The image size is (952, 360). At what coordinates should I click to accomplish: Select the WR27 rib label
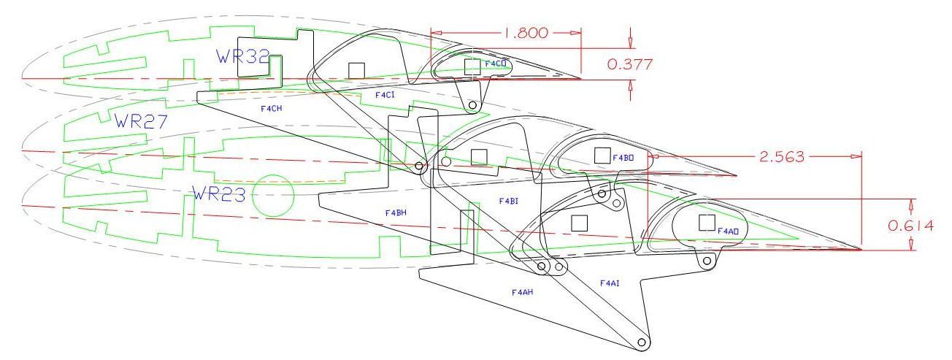click(142, 122)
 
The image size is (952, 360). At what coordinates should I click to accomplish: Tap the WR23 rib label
click(219, 194)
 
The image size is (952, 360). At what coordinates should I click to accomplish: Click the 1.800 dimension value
click(526, 33)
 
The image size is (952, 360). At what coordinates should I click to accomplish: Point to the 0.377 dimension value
click(629, 64)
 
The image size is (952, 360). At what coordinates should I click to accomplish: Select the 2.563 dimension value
click(782, 157)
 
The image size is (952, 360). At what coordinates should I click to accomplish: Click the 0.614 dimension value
click(911, 226)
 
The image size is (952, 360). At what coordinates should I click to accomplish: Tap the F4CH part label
click(271, 109)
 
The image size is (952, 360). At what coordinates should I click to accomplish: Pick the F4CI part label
click(385, 95)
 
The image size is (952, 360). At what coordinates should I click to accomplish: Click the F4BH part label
click(396, 213)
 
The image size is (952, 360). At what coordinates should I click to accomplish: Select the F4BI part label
click(508, 201)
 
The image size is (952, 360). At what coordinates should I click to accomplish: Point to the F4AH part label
click(522, 292)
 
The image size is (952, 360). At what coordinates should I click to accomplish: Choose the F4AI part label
click(610, 283)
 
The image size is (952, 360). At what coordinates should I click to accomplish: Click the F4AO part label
click(728, 231)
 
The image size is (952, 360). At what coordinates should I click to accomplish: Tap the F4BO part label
click(623, 158)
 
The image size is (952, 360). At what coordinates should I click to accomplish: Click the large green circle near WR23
click(273, 196)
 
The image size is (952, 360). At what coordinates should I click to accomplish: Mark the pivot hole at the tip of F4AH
click(642, 342)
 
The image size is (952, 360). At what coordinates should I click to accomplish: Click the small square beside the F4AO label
click(707, 223)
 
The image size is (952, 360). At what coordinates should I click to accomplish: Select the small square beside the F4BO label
click(602, 156)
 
